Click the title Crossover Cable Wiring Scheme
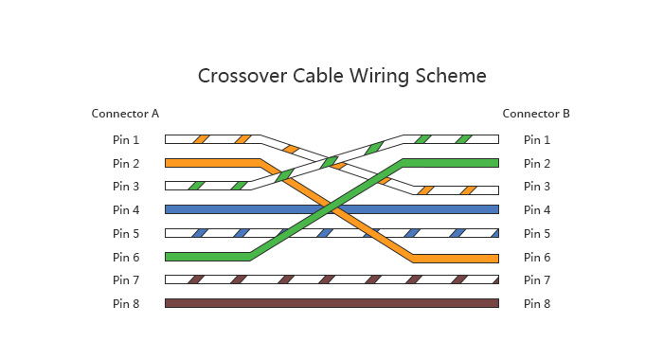(x=341, y=76)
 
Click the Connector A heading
(x=125, y=114)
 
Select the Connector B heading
(x=536, y=114)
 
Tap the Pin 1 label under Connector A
(x=126, y=139)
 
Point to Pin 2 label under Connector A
(x=126, y=163)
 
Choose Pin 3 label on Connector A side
(x=126, y=187)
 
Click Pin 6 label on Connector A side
(x=126, y=257)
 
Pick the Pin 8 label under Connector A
(x=126, y=303)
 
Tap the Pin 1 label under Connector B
(x=537, y=139)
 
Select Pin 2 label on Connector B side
(x=537, y=163)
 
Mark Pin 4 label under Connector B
(x=537, y=209)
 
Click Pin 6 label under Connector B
(x=537, y=257)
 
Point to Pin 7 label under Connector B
(x=537, y=279)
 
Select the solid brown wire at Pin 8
(x=331, y=303)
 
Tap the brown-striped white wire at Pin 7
(x=331, y=279)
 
